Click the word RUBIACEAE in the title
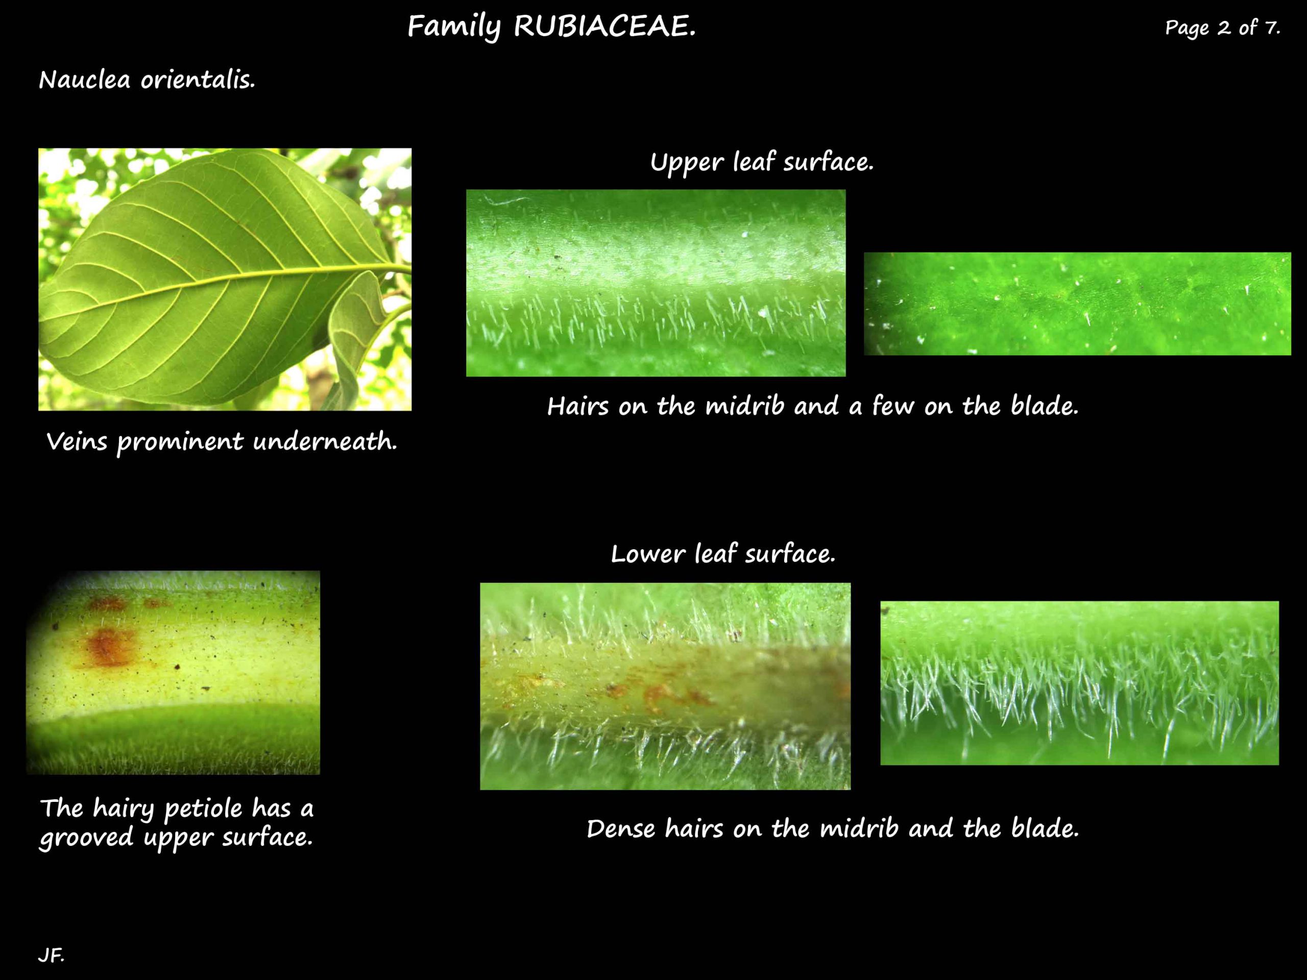tap(604, 27)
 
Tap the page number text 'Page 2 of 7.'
tap(1222, 28)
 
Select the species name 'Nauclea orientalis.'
tap(147, 80)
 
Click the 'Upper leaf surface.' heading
tap(761, 162)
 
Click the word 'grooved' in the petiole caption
tap(86, 838)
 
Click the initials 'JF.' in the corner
tap(52, 955)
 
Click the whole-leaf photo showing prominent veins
tap(225, 279)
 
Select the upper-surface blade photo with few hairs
tap(1077, 304)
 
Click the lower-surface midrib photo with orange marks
tap(665, 686)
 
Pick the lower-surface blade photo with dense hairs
tap(1079, 683)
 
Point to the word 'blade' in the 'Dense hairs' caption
tap(1044, 829)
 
